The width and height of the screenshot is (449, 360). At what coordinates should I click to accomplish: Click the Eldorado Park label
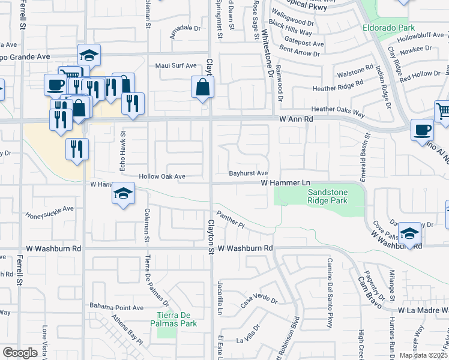tap(388, 28)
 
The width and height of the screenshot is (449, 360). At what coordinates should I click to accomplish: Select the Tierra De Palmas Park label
tap(177, 319)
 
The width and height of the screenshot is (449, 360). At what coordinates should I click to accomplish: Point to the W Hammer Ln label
tap(285, 182)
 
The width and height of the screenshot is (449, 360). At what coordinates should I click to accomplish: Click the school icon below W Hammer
tap(123, 194)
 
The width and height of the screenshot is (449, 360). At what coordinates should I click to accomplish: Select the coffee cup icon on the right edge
tap(422, 130)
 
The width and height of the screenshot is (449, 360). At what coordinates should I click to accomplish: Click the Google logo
tap(20, 353)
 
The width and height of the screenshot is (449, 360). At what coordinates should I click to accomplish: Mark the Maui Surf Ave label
tap(176, 65)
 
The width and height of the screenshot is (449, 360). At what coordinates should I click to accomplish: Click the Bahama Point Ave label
tap(116, 308)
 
